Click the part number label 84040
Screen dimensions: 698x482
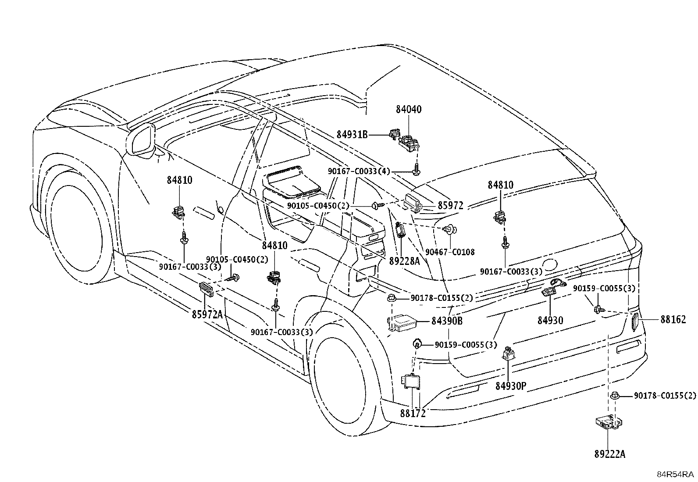pos(409,110)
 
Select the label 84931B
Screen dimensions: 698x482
pos(352,135)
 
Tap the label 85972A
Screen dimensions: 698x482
pos(207,314)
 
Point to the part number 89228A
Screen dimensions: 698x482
pos(405,261)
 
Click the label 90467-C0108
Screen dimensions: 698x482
pos(450,252)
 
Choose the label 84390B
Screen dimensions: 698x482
pos(447,321)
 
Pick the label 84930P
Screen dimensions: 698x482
pos(511,386)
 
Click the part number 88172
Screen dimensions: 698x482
pos(413,414)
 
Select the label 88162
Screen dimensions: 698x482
pos(673,320)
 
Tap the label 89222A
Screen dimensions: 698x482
pos(609,454)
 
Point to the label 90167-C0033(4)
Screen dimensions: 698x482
pos(359,171)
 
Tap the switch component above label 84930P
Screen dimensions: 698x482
pos(508,353)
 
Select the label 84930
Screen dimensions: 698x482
pos(550,320)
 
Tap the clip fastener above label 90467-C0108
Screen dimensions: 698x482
pos(450,229)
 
